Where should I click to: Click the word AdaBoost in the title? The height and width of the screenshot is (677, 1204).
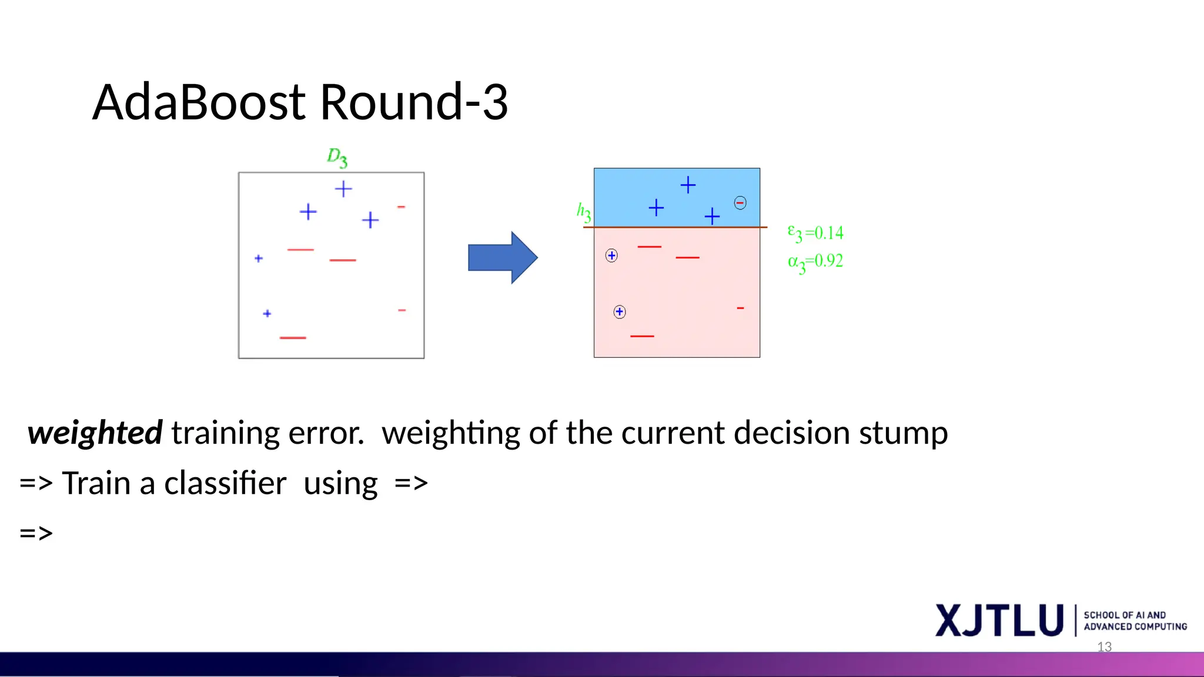coord(200,103)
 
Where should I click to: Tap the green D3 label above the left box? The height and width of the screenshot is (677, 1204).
coord(337,157)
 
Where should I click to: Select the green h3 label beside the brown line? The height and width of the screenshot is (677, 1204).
coord(583,212)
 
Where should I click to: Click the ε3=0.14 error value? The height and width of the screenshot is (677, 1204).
coord(815,234)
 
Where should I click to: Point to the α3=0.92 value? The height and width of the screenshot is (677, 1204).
coord(815,262)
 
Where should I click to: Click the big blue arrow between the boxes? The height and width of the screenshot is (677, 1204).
coord(502,257)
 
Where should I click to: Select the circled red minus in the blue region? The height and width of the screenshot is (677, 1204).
coord(740,203)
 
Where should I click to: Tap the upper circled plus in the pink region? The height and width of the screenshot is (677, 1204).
coord(611,256)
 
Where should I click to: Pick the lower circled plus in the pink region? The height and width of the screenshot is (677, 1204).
coord(620,312)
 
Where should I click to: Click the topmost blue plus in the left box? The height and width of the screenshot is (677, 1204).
coord(343,189)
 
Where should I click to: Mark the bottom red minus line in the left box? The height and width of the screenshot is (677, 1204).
coord(293,338)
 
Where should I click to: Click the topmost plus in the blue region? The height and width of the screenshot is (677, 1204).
coord(688,185)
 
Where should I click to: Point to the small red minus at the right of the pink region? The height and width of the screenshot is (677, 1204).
coord(740,308)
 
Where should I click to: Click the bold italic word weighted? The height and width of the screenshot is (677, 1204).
coord(95,434)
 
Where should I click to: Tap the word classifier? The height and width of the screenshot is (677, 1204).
coord(225,484)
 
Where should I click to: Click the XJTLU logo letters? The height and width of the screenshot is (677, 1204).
coord(999,621)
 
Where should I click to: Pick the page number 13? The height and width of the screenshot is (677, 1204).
coord(1104,647)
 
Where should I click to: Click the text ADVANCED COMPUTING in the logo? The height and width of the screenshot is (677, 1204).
coord(1135,627)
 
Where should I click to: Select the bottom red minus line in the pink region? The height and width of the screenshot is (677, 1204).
coord(642,336)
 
